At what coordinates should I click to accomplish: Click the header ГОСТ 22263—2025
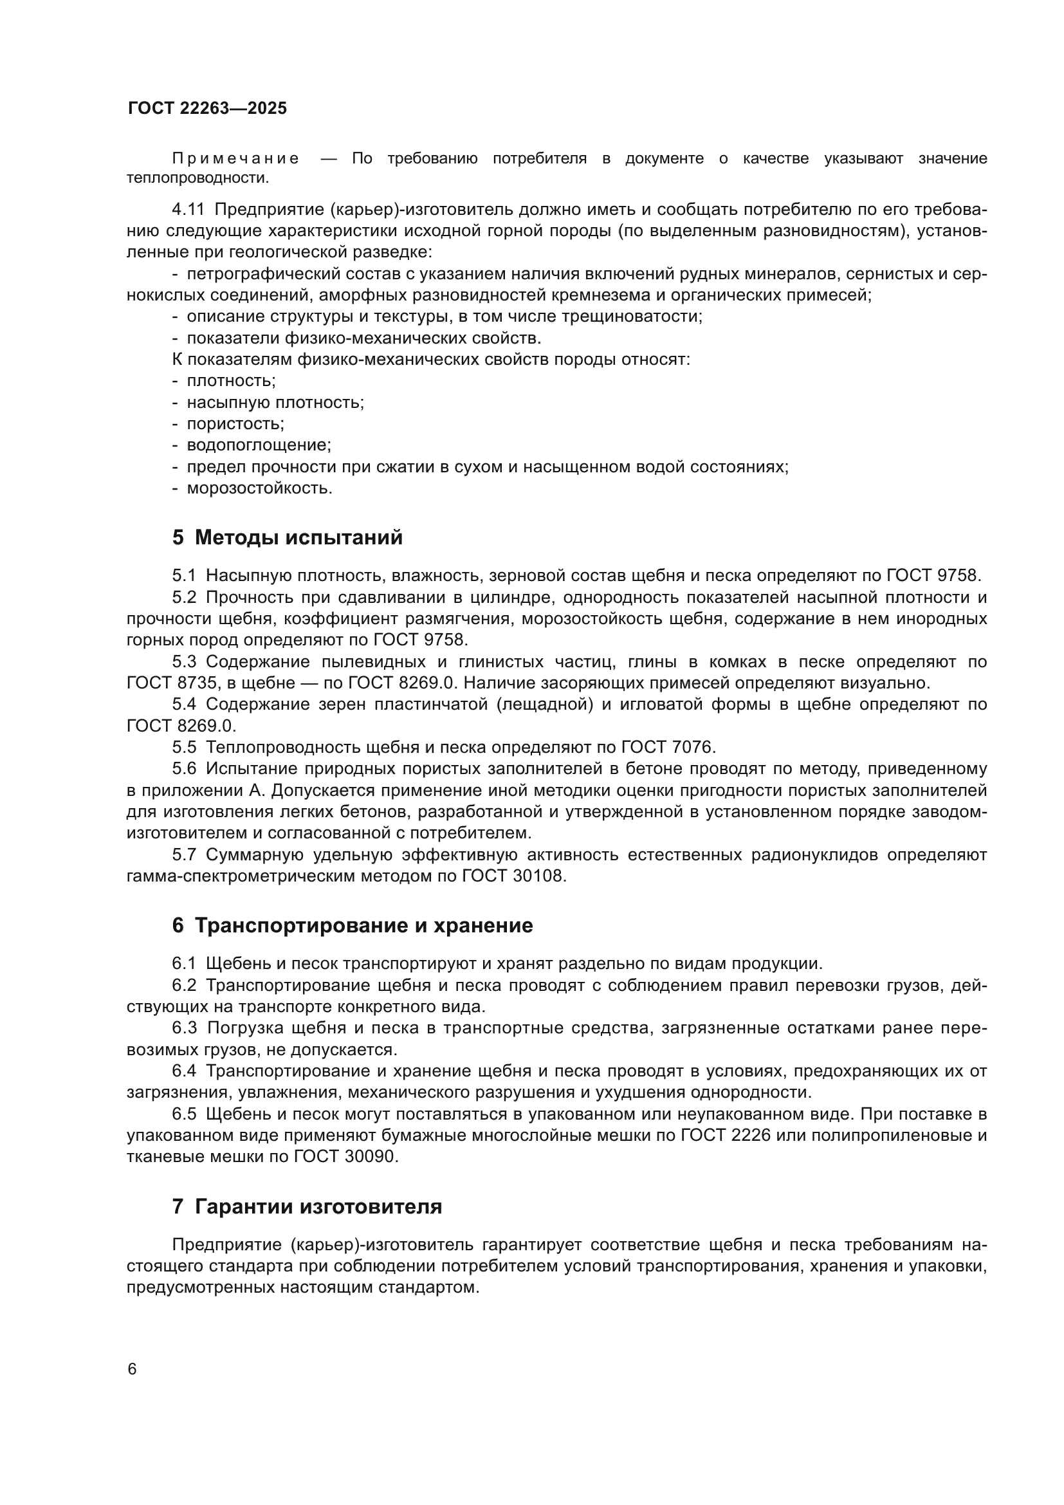tap(208, 109)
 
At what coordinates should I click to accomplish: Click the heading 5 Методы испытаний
tap(287, 538)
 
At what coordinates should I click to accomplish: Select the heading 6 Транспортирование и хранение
tap(353, 926)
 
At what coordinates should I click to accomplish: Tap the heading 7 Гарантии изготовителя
tap(307, 1206)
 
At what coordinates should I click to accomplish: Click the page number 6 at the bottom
tap(133, 1369)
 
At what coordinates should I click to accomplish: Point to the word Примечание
tap(235, 159)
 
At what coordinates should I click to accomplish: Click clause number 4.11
tap(188, 210)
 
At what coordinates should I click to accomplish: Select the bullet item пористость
tap(235, 424)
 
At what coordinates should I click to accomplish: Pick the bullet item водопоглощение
tap(259, 446)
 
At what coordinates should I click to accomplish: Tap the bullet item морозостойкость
tap(259, 489)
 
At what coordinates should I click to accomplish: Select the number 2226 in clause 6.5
tap(748, 1136)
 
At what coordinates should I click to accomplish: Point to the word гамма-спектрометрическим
tap(241, 876)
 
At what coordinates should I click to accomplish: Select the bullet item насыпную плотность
tap(275, 402)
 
